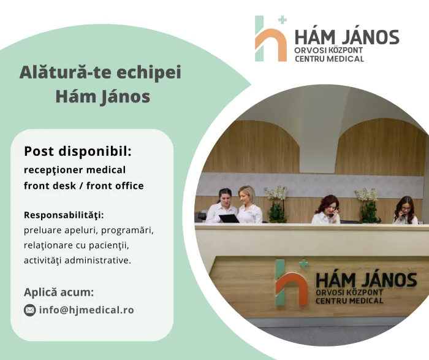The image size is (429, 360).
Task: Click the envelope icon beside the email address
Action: point(29,310)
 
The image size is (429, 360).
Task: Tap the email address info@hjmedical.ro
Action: point(86,310)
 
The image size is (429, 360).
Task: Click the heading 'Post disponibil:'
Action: point(78,151)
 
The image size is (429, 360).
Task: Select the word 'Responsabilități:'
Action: point(64,215)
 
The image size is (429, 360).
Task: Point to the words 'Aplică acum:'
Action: point(59,293)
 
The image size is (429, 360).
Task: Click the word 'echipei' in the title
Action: point(149,73)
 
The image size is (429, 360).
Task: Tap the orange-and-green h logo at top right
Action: point(271,39)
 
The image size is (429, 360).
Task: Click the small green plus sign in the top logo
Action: point(283,20)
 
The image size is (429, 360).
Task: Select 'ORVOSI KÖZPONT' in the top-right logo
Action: point(328,50)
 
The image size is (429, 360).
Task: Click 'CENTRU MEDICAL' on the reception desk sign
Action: point(349,301)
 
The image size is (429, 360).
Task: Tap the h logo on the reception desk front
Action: point(292,283)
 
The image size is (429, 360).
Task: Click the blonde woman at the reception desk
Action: point(249,205)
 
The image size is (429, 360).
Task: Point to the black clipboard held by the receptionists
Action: point(229,218)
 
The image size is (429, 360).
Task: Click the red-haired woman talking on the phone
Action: point(327,209)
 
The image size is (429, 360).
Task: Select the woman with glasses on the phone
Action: point(406,210)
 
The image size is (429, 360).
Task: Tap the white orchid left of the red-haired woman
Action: point(276,204)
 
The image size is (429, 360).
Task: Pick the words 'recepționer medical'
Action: point(75,170)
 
